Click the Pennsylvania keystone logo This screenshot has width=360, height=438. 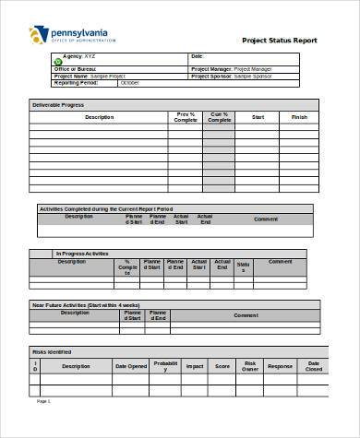tap(37, 34)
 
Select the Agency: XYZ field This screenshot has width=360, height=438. tap(83, 56)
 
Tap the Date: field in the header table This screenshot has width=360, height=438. tap(197, 56)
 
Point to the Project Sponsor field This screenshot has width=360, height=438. tap(231, 75)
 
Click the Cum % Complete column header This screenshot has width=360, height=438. tap(219, 117)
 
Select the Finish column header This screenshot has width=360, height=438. tap(299, 117)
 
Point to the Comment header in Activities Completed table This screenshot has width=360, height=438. tap(266, 219)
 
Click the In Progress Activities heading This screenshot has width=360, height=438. tap(82, 253)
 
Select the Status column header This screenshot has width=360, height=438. tap(243, 266)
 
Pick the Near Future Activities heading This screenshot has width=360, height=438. tap(86, 303)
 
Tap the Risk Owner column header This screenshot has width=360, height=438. tap(250, 366)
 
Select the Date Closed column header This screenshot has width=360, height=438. tap(313, 366)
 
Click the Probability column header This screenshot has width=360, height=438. tap(166, 365)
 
